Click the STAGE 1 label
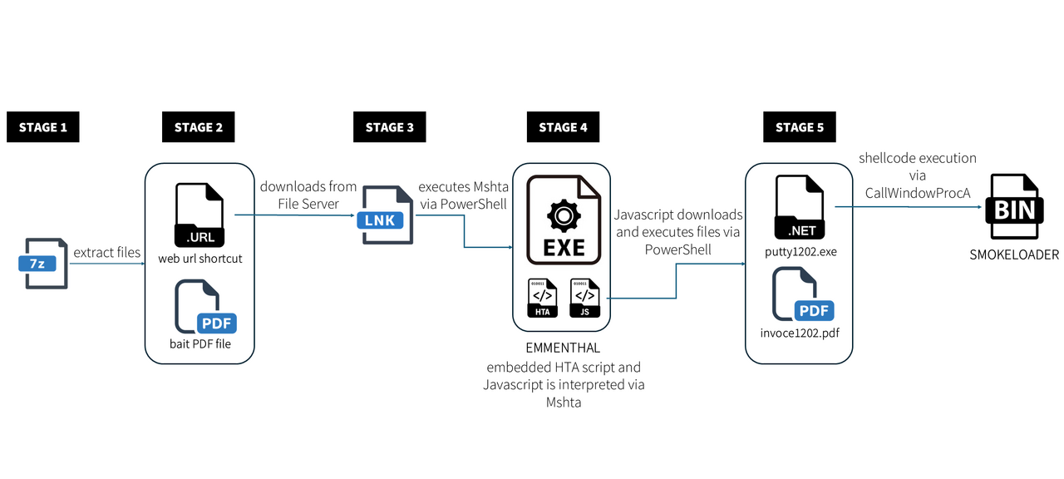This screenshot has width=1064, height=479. click(42, 127)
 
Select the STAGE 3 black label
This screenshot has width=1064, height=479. click(390, 127)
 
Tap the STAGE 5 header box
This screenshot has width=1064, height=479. click(800, 127)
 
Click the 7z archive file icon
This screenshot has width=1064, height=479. click(44, 264)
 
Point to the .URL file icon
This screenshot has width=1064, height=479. click(199, 215)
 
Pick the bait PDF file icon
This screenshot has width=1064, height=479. click(205, 307)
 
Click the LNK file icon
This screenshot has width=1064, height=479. click(385, 215)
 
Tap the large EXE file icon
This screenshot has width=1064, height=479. click(564, 220)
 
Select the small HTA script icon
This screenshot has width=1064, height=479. click(543, 298)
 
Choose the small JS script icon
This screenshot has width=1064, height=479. click(584, 298)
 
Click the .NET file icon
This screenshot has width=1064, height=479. click(800, 207)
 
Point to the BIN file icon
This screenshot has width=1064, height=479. click(1014, 206)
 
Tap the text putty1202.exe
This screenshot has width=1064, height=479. click(800, 252)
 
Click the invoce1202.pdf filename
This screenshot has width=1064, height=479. click(800, 333)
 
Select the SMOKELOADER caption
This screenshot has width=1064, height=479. click(1014, 255)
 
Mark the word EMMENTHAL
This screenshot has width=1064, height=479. click(563, 348)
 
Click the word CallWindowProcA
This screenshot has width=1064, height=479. click(917, 193)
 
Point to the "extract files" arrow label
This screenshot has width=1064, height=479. click(107, 252)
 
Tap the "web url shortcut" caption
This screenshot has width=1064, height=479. click(200, 259)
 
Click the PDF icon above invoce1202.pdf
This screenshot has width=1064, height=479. click(803, 294)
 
